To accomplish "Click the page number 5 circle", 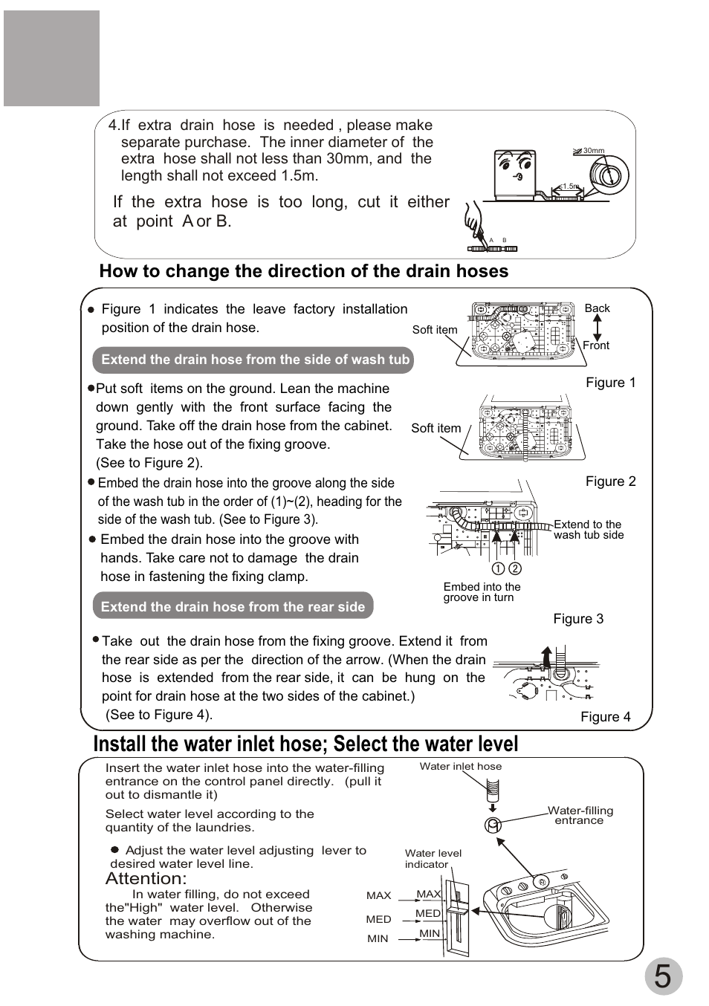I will (662, 976).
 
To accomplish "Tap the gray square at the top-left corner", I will (51, 58).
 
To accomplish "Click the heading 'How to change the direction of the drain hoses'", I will (303, 271).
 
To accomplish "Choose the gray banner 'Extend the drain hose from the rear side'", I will (233, 607).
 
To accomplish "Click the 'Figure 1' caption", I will (611, 383).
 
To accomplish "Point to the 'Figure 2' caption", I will (611, 481).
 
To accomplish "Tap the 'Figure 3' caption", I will (578, 619).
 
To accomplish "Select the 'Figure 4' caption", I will (605, 717).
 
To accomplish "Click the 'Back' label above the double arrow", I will (597, 308).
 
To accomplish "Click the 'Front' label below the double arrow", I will (596, 345).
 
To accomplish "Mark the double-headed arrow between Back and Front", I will (596, 327).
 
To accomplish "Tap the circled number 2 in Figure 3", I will (515, 568).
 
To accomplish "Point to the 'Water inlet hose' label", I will (461, 766).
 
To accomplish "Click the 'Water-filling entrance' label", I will (580, 815).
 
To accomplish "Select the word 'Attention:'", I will (146, 879).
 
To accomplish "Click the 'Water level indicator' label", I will (433, 858).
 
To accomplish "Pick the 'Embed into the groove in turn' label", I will (482, 592).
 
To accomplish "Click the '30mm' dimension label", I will (594, 151).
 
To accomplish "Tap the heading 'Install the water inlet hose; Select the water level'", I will (305, 744).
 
